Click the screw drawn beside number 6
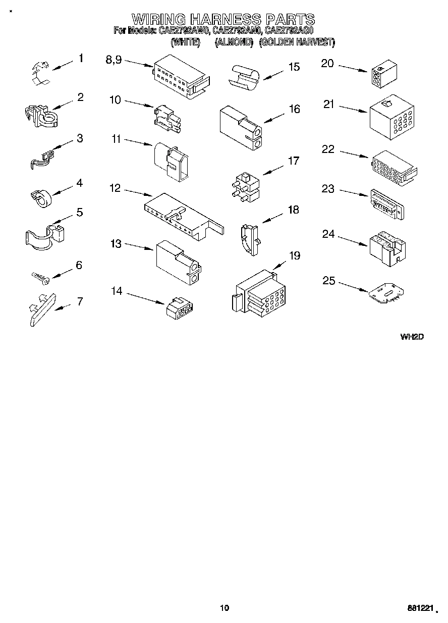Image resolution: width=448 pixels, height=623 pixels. [39, 277]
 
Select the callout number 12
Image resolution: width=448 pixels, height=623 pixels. [115, 188]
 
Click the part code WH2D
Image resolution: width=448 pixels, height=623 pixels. [412, 337]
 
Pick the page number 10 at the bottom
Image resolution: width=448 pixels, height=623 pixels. [225, 608]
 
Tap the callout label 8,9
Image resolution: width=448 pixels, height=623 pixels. [114, 60]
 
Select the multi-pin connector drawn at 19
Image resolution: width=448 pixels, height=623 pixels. [258, 296]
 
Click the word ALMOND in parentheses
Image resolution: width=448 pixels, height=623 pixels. [234, 42]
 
